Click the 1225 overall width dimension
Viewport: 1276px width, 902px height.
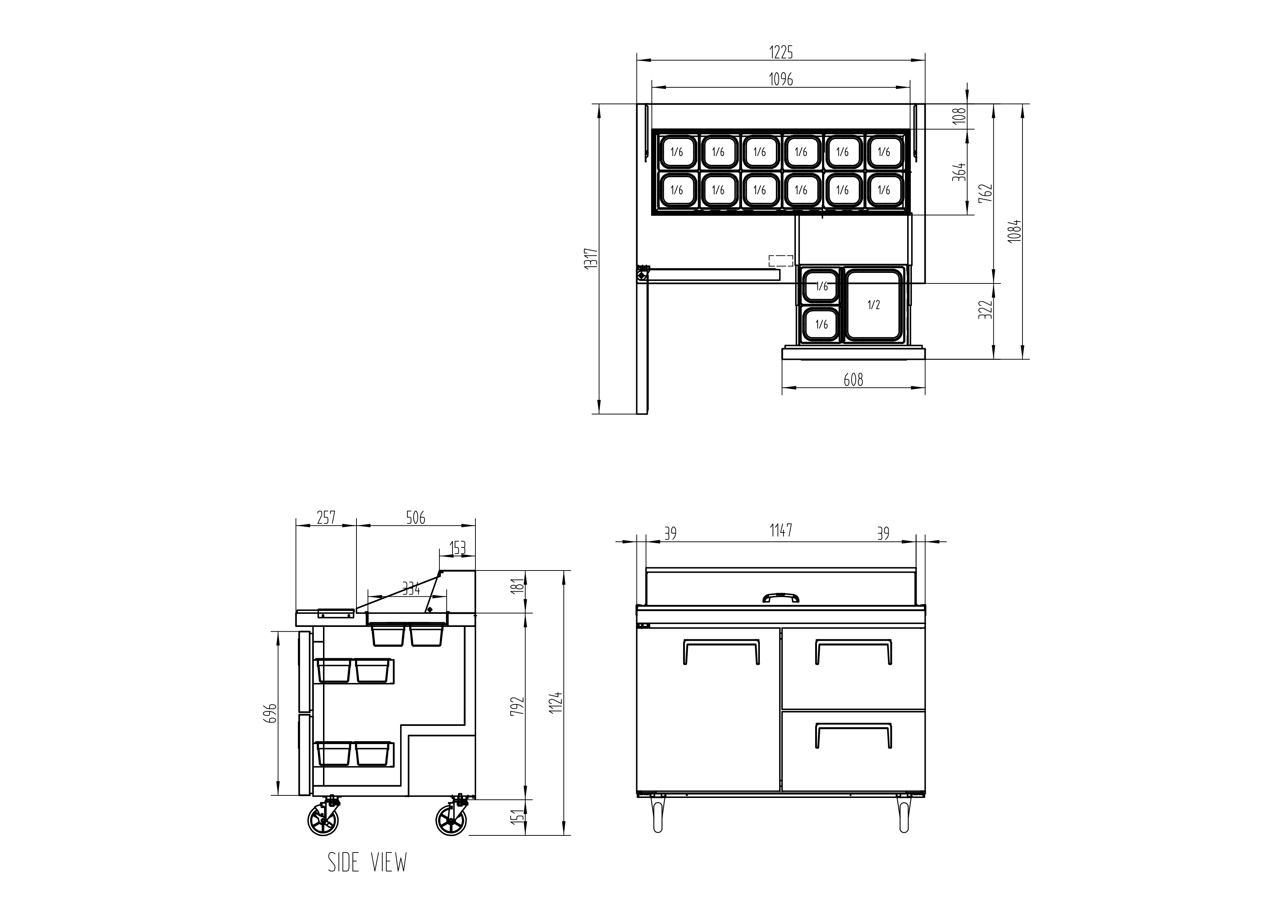click(781, 52)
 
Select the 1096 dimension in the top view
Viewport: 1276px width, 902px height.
click(781, 79)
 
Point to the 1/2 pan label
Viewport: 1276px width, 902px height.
click(874, 305)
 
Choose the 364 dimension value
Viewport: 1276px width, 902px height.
click(960, 172)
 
